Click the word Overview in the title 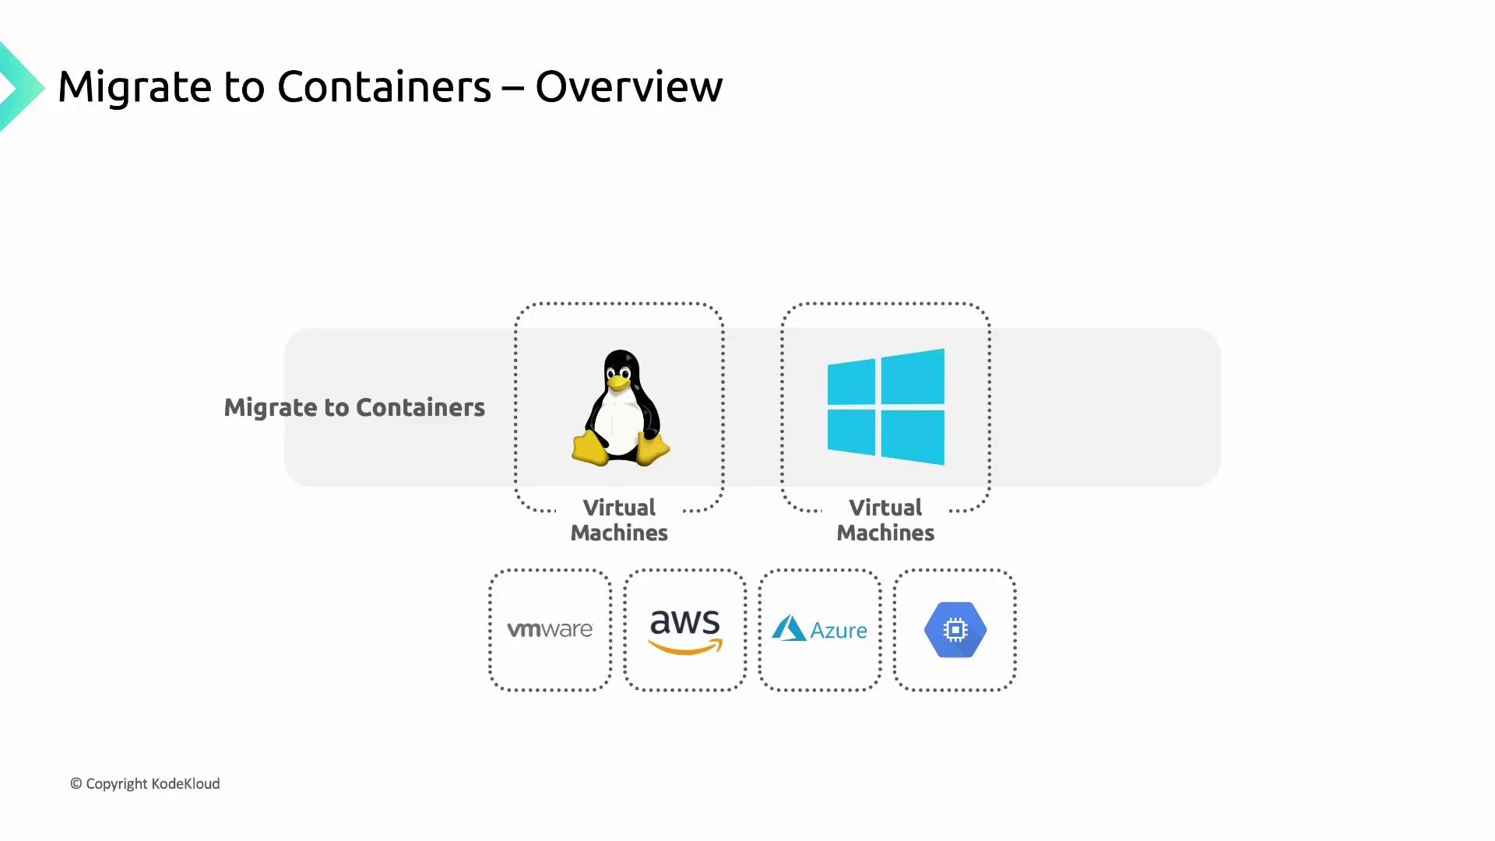tap(628, 86)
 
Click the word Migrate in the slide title tap(133, 87)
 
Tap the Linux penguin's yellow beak tap(618, 382)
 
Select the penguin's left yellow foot tap(590, 449)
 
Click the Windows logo tap(885, 406)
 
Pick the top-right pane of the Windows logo tap(913, 377)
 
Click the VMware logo tap(550, 629)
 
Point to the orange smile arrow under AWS tap(685, 647)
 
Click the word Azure tap(839, 630)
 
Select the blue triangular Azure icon tap(788, 628)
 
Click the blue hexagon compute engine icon tap(955, 629)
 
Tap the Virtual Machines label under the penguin tap(619, 520)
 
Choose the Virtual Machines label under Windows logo tap(885, 520)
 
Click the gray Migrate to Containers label tap(354, 407)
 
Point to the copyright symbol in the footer tap(76, 783)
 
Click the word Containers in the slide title tap(384, 86)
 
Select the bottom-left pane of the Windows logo tap(852, 431)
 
